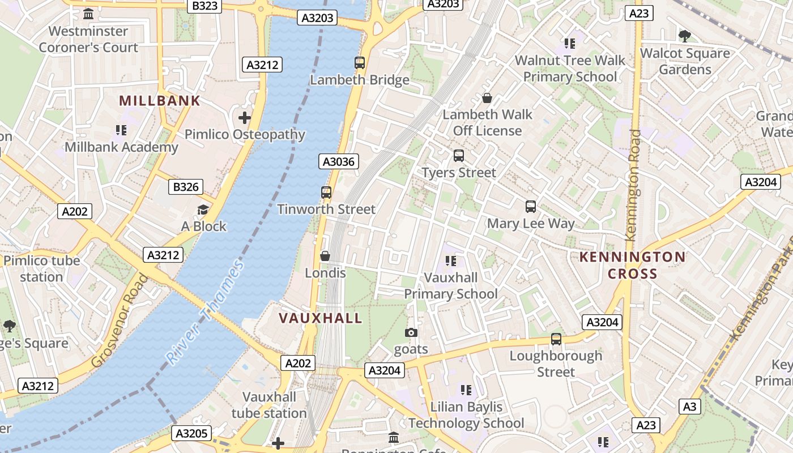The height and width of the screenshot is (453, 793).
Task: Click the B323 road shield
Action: pyautogui.click(x=204, y=6)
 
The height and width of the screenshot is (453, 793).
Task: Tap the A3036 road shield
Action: pyautogui.click(x=338, y=162)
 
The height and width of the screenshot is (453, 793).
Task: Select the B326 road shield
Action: pyautogui.click(x=186, y=187)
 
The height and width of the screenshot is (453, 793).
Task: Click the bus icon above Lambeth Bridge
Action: pyautogui.click(x=360, y=63)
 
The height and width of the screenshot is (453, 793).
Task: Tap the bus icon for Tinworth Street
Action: pyautogui.click(x=326, y=193)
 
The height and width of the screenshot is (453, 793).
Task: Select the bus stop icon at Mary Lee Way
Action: pyautogui.click(x=531, y=207)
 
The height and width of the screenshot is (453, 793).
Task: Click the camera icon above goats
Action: pyautogui.click(x=411, y=332)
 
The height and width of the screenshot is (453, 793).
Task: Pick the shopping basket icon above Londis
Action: pyautogui.click(x=325, y=256)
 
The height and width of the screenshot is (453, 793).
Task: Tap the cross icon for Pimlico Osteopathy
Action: pyautogui.click(x=245, y=118)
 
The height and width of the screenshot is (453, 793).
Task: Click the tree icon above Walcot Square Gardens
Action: pyautogui.click(x=685, y=36)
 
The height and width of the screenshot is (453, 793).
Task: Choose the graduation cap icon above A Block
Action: pyautogui.click(x=203, y=210)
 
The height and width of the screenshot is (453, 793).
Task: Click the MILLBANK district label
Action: pyautogui.click(x=160, y=101)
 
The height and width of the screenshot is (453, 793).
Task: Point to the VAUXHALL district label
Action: pyautogui.click(x=321, y=318)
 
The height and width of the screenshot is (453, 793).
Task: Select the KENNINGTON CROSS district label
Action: pyautogui.click(x=632, y=266)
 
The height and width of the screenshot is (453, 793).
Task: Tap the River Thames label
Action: pyautogui.click(x=205, y=312)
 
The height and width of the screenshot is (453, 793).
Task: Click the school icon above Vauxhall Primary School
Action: pyautogui.click(x=451, y=261)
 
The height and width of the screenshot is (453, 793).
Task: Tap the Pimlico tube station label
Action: pyautogui.click(x=42, y=269)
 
